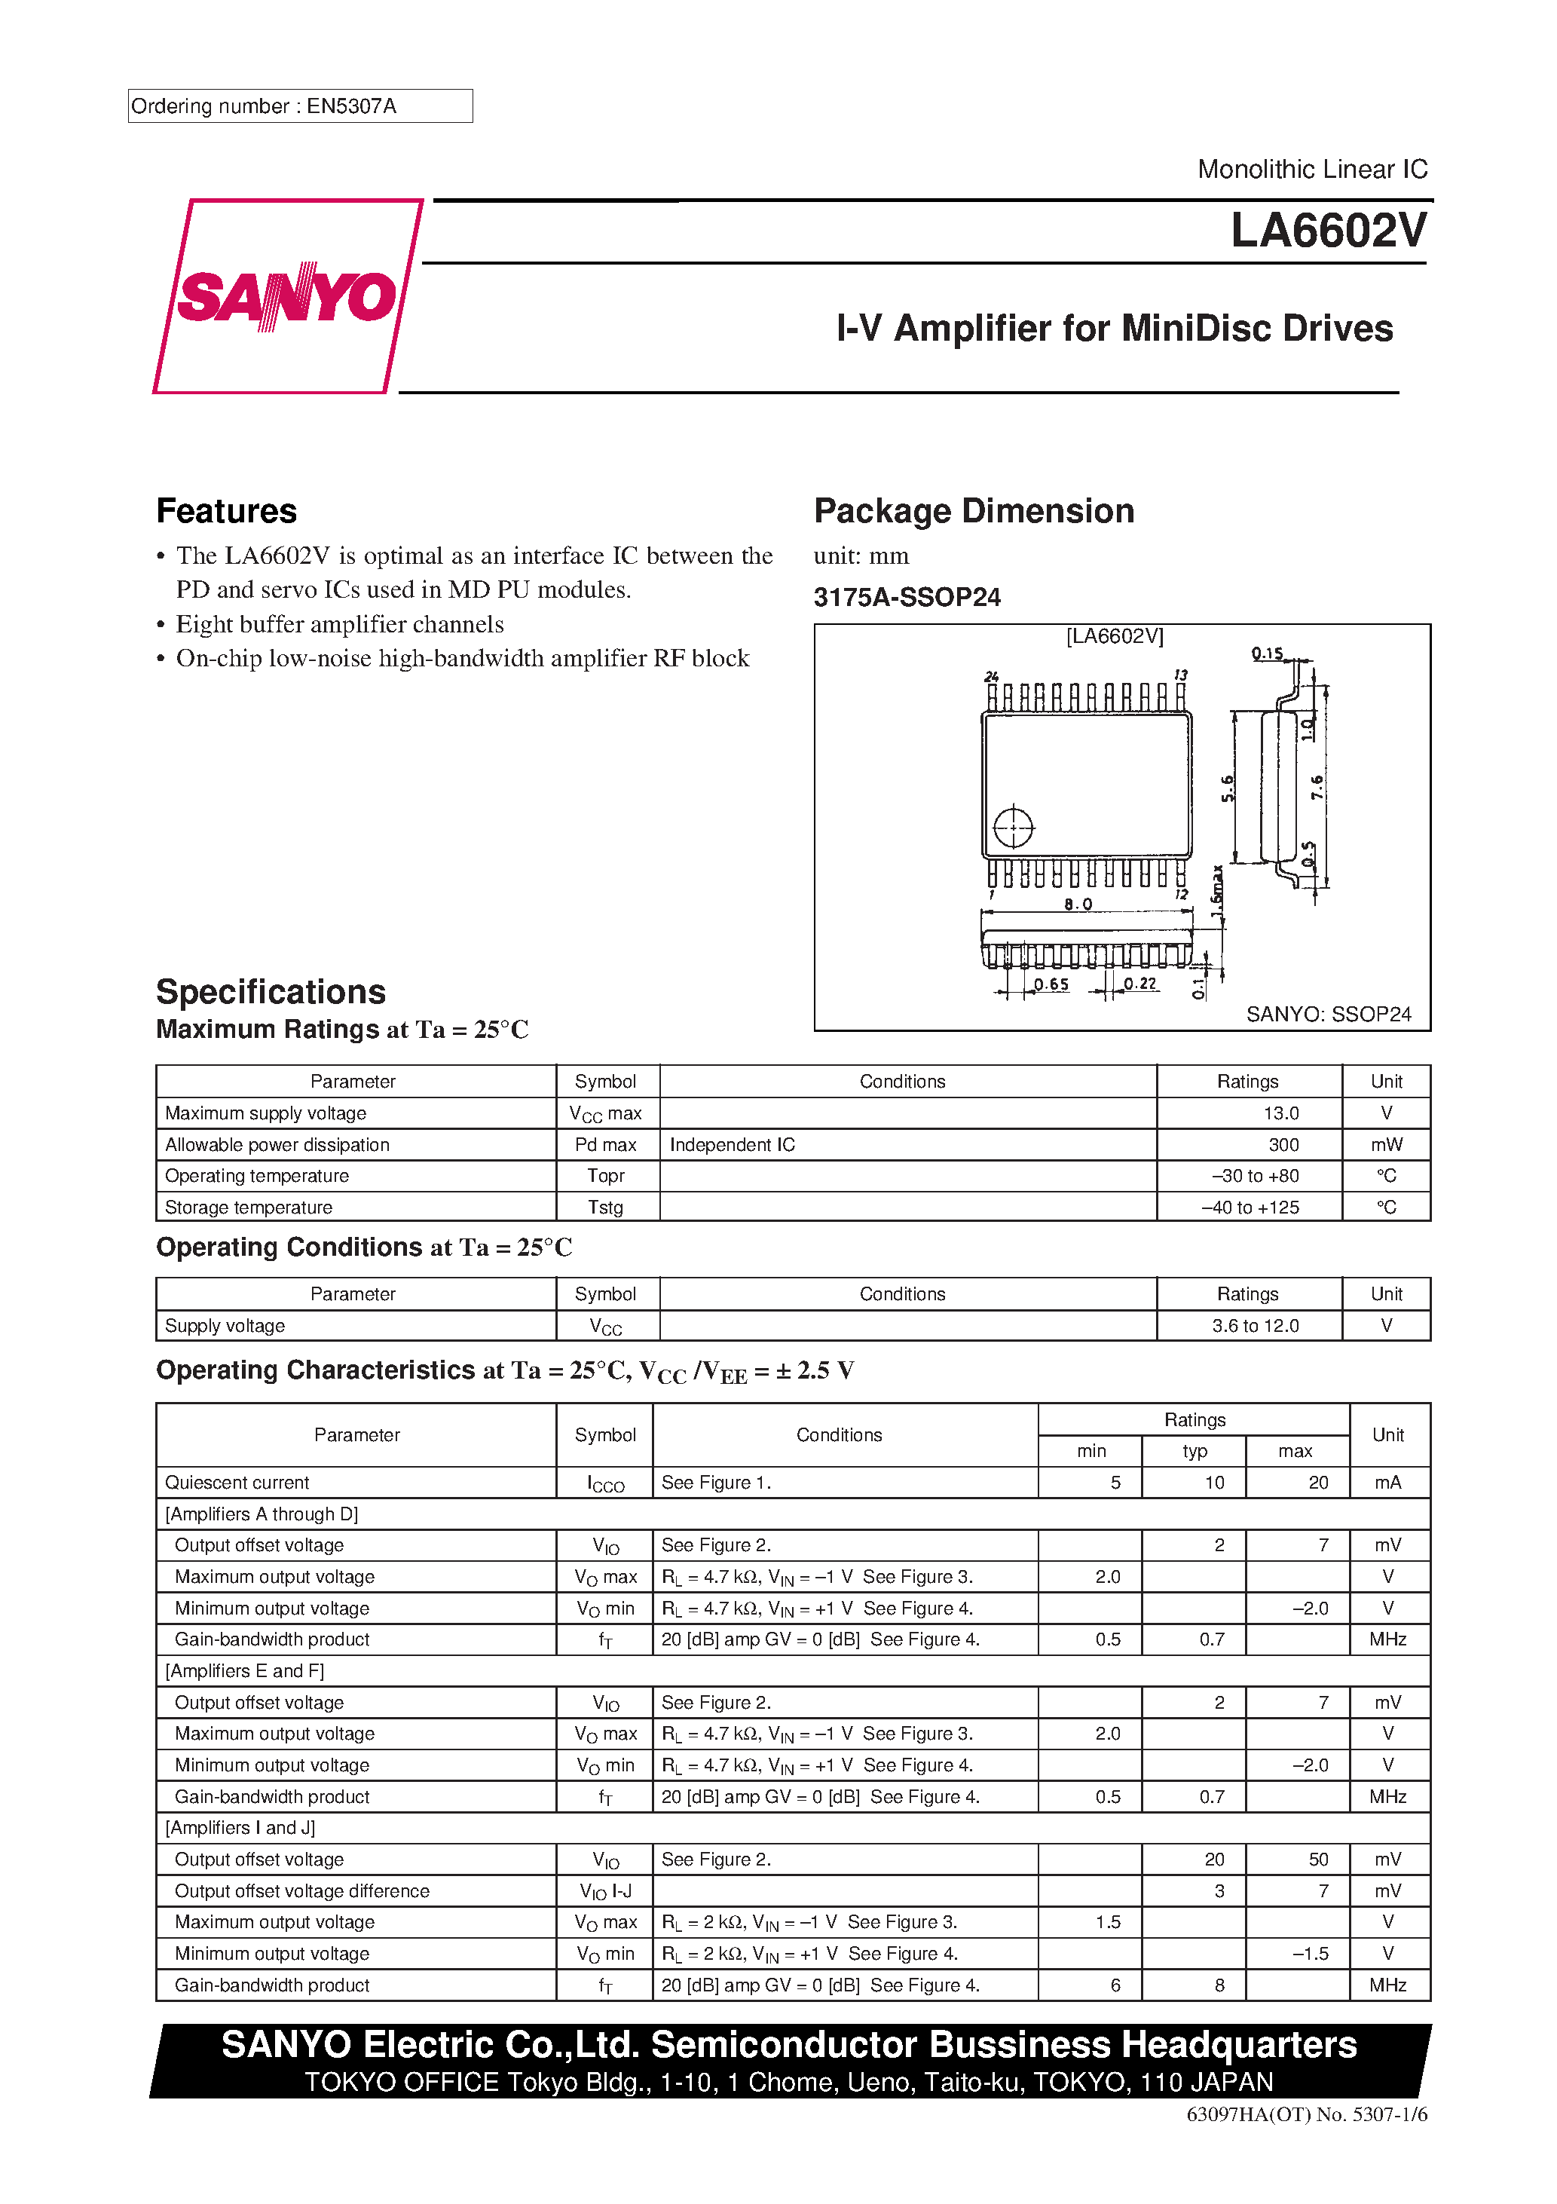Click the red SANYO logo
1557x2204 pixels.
click(286, 295)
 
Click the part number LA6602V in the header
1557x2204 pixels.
click(1328, 231)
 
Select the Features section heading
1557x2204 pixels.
click(227, 511)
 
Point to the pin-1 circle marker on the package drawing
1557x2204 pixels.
click(1012, 828)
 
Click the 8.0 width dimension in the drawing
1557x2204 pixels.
click(1077, 905)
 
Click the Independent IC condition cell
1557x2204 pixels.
click(732, 1144)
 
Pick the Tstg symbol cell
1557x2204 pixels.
click(606, 1207)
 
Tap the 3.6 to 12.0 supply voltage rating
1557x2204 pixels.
click(1255, 1326)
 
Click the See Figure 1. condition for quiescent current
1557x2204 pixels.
click(715, 1482)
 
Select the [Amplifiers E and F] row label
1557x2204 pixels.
click(245, 1670)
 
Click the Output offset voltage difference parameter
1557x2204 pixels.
click(301, 1890)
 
